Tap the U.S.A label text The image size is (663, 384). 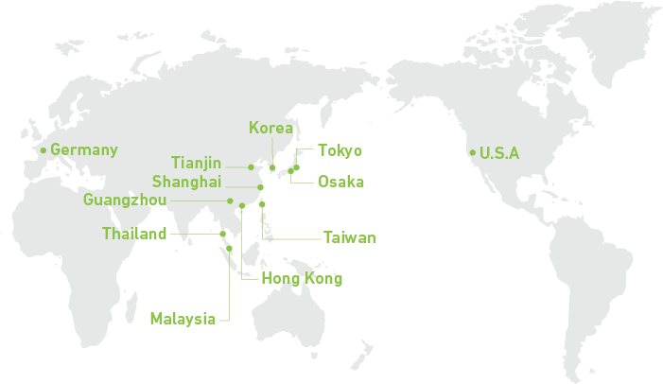click(499, 153)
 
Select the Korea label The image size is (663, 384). click(271, 128)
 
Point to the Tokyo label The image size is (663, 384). click(340, 150)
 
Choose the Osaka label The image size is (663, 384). click(340, 182)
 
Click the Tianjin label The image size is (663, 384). click(197, 164)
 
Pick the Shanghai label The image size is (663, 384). click(186, 182)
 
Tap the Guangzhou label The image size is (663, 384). click(125, 200)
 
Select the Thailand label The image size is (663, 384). click(134, 234)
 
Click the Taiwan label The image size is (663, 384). click(349, 237)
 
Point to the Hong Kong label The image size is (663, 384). click(302, 278)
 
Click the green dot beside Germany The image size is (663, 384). click(43, 149)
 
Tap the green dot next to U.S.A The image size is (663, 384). click(472, 152)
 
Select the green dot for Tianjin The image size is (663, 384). click(251, 166)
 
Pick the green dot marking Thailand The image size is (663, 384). click(221, 234)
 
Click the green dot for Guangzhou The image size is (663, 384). click(230, 201)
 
